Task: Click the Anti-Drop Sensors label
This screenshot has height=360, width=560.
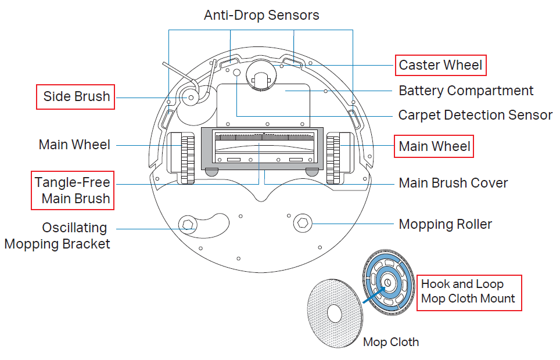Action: pyautogui.click(x=261, y=15)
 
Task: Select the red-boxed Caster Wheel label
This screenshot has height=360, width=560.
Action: pyautogui.click(x=440, y=65)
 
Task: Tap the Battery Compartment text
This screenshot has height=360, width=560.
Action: pyautogui.click(x=466, y=91)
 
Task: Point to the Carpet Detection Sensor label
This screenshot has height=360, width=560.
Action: pyautogui.click(x=475, y=115)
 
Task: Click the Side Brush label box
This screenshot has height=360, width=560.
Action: pyautogui.click(x=76, y=96)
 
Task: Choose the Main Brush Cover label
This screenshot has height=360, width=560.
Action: pyautogui.click(x=453, y=183)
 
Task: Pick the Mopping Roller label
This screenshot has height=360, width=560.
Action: pyautogui.click(x=445, y=224)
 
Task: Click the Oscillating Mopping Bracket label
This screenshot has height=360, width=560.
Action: pyautogui.click(x=58, y=235)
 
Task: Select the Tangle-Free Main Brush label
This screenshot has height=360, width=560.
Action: pyautogui.click(x=73, y=190)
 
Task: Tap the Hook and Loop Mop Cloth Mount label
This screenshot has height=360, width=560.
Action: pyautogui.click(x=468, y=291)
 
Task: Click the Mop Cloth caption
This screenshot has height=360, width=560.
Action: pyautogui.click(x=390, y=342)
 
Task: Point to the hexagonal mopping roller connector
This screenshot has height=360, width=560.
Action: pyautogui.click(x=303, y=222)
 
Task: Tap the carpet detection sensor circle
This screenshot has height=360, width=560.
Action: pyautogui.click(x=236, y=73)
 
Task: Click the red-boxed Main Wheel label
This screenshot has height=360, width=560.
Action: pyautogui.click(x=435, y=146)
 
